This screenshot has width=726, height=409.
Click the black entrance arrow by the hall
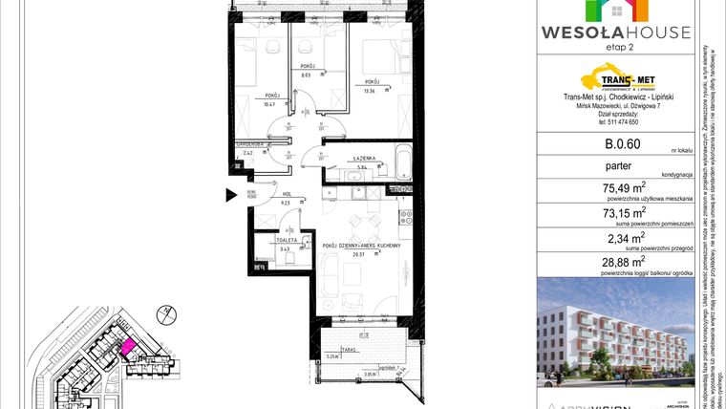(x=230, y=196)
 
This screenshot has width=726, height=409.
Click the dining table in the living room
(x=359, y=226)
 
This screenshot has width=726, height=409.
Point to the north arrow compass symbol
(x=165, y=312)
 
